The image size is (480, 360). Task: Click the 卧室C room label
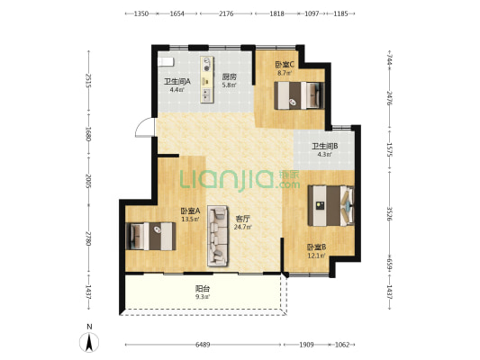[285, 65]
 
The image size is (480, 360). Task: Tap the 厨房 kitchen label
[230, 76]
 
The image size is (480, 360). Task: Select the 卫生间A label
[177, 82]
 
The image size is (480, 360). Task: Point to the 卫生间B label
[325, 146]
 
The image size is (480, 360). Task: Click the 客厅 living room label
[242, 219]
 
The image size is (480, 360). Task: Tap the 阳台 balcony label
[203, 288]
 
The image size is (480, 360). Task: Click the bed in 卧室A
[150, 236]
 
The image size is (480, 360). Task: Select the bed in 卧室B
[331, 205]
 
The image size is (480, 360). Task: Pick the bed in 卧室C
[299, 95]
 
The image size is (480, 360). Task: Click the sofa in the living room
[218, 235]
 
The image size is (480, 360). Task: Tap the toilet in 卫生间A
[166, 61]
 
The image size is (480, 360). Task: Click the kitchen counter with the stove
[207, 79]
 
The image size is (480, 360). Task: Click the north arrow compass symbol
[89, 342]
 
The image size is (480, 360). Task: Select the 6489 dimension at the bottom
[203, 345]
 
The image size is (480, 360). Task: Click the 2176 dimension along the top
[226, 13]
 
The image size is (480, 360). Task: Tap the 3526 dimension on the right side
[389, 213]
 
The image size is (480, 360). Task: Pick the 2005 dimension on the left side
[88, 181]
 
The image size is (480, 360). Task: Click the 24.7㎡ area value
[243, 227]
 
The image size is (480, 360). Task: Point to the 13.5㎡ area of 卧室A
[190, 219]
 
